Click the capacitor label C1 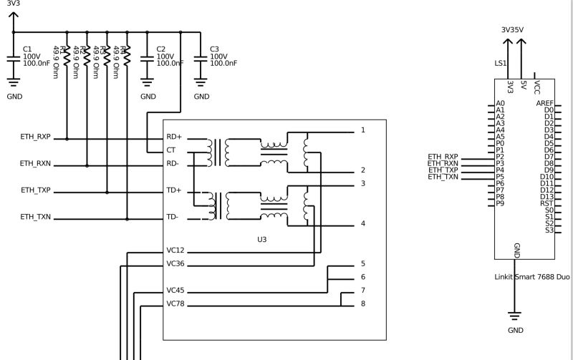[27, 49]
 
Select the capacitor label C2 [160, 49]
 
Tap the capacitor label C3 [213, 49]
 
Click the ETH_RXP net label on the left [36, 137]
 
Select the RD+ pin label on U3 [174, 137]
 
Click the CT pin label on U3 [171, 150]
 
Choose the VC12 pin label [175, 250]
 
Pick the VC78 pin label [175, 304]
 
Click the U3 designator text [262, 238]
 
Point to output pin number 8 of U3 [363, 304]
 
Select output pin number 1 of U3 [363, 130]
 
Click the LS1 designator [501, 63]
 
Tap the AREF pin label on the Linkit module [544, 103]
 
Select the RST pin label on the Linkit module [546, 203]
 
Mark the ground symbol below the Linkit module [514, 316]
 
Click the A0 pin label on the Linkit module [500, 103]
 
